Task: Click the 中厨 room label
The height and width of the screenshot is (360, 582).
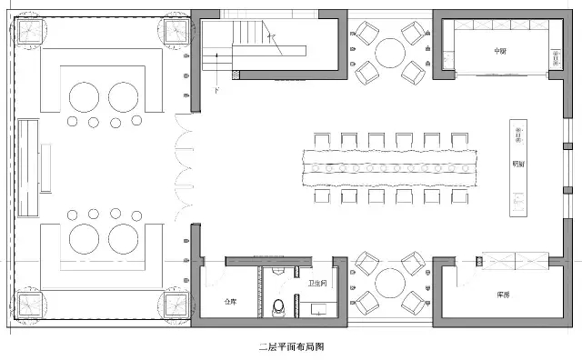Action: click(x=499, y=51)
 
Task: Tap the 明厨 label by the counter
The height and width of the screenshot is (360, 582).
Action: click(x=518, y=165)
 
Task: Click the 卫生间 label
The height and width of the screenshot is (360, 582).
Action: click(x=318, y=285)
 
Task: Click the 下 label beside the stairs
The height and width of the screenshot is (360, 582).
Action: click(x=216, y=90)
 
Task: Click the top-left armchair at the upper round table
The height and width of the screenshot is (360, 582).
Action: click(x=367, y=34)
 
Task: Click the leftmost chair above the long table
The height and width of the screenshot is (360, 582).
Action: click(x=323, y=140)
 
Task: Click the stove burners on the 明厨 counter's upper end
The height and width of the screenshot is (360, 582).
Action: click(x=518, y=137)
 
